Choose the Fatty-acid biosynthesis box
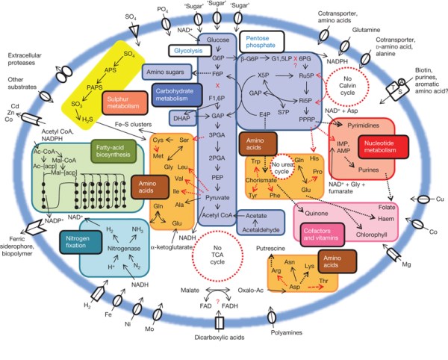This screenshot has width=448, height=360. [x=111, y=152]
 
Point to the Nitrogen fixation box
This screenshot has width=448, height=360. [x=78, y=240]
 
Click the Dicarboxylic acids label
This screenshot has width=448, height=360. [x=219, y=347]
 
